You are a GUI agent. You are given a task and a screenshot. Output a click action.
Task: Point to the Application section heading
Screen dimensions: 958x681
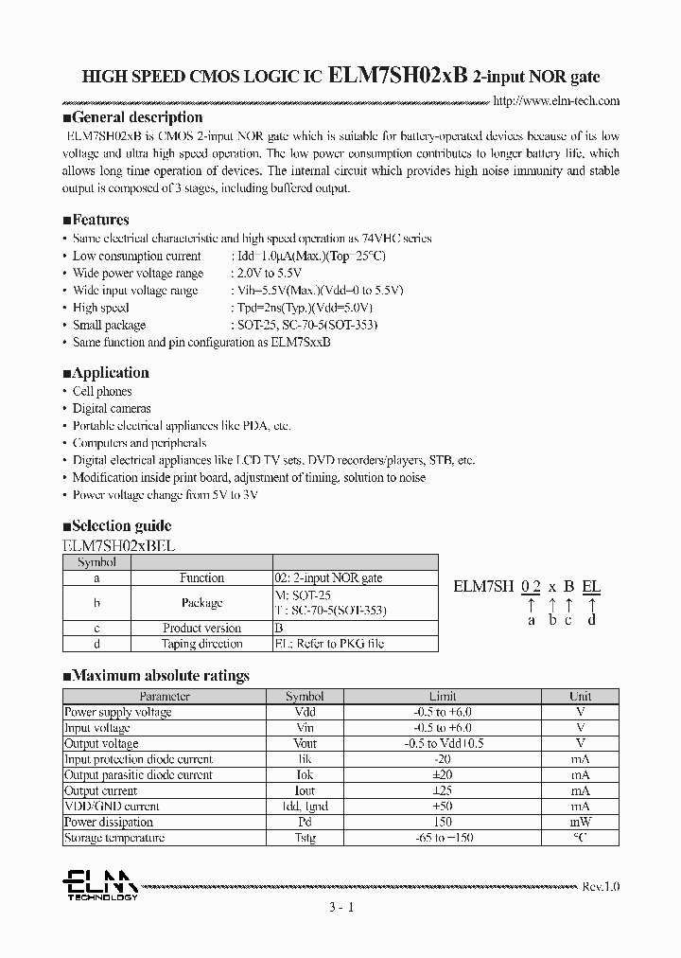pyautogui.click(x=105, y=372)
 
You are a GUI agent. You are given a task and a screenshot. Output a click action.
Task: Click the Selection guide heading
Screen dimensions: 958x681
pyautogui.click(x=116, y=525)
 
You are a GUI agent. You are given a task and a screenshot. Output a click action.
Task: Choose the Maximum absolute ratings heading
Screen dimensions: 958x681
pyautogui.click(x=155, y=676)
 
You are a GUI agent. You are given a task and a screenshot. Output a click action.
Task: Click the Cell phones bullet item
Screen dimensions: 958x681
pyautogui.click(x=102, y=391)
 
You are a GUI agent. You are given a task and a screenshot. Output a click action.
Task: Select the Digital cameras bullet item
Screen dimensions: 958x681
pyautogui.click(x=112, y=408)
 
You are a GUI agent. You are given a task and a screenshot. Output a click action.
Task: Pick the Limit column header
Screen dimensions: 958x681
pyautogui.click(x=442, y=696)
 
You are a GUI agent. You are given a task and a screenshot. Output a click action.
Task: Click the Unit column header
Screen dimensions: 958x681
pyautogui.click(x=580, y=696)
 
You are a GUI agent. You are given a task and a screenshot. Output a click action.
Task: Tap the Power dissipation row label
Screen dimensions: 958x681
pyautogui.click(x=108, y=822)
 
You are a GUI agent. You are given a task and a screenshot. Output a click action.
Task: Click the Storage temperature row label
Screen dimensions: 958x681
pyautogui.click(x=113, y=838)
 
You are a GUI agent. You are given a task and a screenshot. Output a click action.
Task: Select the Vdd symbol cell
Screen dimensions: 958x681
pyautogui.click(x=305, y=712)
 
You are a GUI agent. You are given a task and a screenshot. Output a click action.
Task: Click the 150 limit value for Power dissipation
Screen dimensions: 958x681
pyautogui.click(x=442, y=822)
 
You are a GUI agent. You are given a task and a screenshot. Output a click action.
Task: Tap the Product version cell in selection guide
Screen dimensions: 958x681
pyautogui.click(x=201, y=628)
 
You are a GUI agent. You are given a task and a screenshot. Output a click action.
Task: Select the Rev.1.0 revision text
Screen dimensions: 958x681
pyautogui.click(x=601, y=887)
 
